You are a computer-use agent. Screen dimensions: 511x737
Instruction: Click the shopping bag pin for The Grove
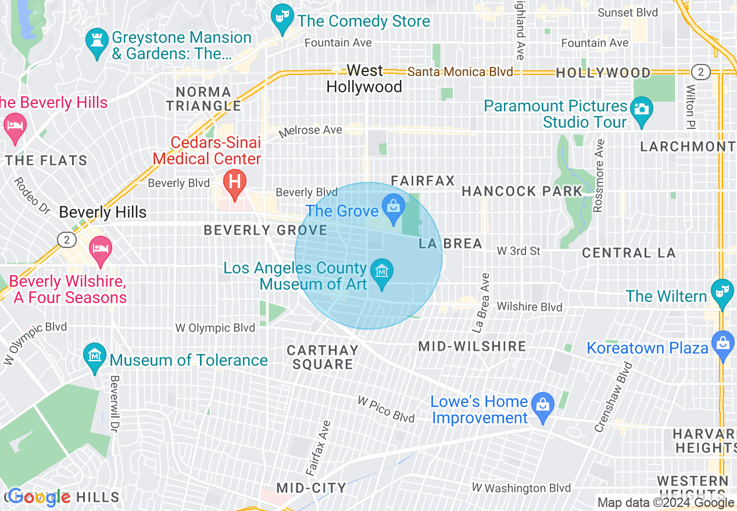(x=393, y=208)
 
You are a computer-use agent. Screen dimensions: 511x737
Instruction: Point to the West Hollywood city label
(x=364, y=79)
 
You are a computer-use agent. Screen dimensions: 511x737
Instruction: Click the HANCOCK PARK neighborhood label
(x=521, y=191)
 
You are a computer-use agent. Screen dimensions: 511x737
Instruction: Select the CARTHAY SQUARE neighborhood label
(x=323, y=357)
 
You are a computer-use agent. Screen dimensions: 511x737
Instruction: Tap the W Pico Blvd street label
(x=386, y=409)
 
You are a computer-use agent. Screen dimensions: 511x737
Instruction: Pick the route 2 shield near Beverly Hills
(x=66, y=239)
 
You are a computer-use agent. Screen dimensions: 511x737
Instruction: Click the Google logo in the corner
(x=40, y=497)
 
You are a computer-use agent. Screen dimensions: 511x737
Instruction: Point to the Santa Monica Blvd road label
(x=460, y=72)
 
